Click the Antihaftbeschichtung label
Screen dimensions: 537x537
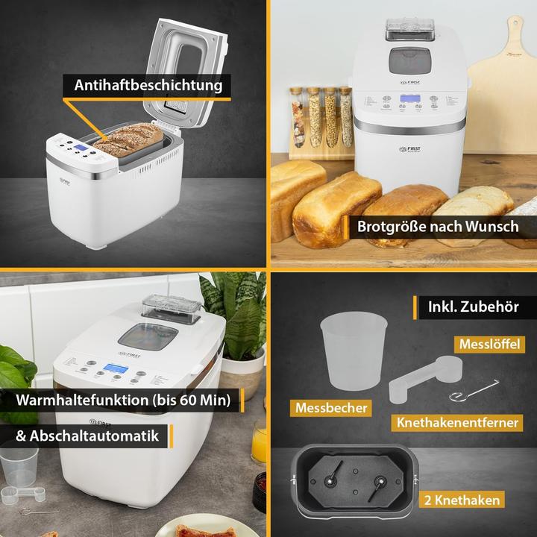(148, 85)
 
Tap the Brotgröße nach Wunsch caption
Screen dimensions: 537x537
(437, 226)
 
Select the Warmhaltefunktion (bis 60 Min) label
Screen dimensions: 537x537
(122, 400)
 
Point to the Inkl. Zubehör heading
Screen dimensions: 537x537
(474, 307)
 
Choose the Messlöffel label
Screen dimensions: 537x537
(488, 346)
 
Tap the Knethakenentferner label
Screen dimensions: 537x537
(457, 422)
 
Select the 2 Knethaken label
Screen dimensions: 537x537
(470, 499)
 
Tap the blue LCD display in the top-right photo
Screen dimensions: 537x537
(409, 103)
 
